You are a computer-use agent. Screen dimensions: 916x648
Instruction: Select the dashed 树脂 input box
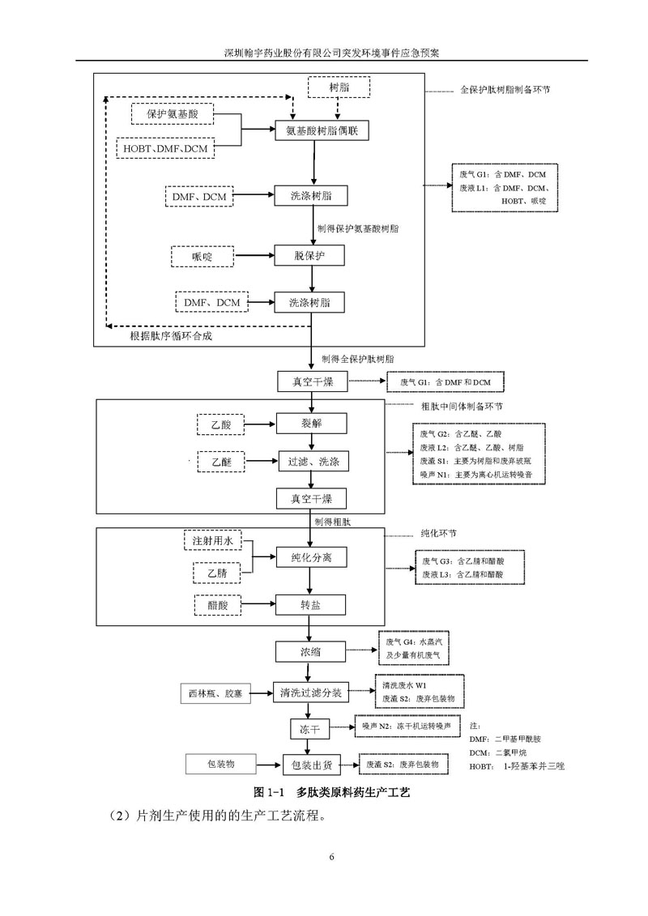pyautogui.click(x=339, y=87)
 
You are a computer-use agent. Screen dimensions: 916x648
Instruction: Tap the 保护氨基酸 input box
pyautogui.click(x=176, y=114)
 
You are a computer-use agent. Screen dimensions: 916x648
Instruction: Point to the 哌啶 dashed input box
pyautogui.click(x=202, y=257)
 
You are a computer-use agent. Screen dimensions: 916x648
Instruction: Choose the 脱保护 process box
pyautogui.click(x=309, y=257)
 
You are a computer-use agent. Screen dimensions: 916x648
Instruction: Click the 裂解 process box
pyautogui.click(x=312, y=423)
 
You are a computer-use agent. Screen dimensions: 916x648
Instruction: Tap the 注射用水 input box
pyautogui.click(x=212, y=540)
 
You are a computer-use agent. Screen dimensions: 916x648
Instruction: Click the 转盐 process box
pyautogui.click(x=312, y=603)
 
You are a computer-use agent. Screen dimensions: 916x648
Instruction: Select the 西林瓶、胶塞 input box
pyautogui.click(x=215, y=693)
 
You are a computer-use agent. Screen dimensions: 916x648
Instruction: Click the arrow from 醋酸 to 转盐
pyautogui.click(x=257, y=603)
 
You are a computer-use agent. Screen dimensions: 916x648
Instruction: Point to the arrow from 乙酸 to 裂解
pyautogui.click(x=259, y=423)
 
